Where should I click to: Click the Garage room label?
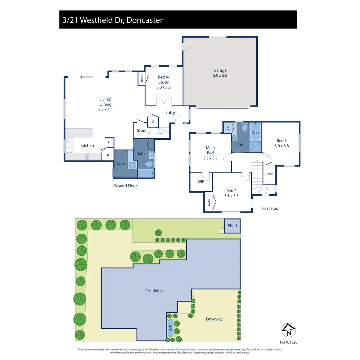pyautogui.click(x=220, y=73)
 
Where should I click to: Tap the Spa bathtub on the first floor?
pyautogui.click(x=255, y=133)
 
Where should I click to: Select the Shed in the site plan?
pyautogui.click(x=232, y=226)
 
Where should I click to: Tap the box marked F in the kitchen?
pyautogui.click(x=109, y=142)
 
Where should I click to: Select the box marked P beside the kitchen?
pyautogui.click(x=108, y=155)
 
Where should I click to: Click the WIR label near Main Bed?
pyautogui.click(x=201, y=182)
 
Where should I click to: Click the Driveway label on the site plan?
pyautogui.click(x=214, y=319)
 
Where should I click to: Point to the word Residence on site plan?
pyautogui.click(x=154, y=291)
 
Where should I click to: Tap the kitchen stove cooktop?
pyautogui.click(x=88, y=156)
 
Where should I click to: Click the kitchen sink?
pyautogui.click(x=69, y=145)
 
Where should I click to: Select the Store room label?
pyautogui.click(x=142, y=130)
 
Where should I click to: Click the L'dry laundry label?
pyautogui.click(x=121, y=164)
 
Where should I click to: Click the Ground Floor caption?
pyautogui.click(x=125, y=186)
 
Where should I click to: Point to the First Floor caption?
pyautogui.click(x=271, y=208)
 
